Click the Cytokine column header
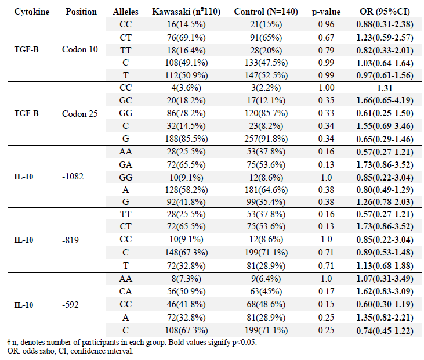[32, 12]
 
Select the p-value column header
[326, 12]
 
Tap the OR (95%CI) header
[385, 12]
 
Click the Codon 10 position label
[80, 49]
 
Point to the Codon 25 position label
[80, 114]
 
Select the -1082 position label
[73, 177]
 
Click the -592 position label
[70, 305]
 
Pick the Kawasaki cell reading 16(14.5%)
[186, 24]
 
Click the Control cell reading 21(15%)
[266, 24]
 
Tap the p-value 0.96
[326, 24]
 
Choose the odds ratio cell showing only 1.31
[385, 88]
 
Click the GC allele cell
[125, 100]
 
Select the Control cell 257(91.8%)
[266, 139]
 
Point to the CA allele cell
[125, 291]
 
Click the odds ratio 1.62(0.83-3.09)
[385, 291]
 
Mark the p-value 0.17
[326, 291]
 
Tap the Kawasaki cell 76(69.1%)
[186, 38]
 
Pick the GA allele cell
[125, 165]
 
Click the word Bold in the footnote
[176, 343]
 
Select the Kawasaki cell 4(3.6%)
[186, 88]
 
